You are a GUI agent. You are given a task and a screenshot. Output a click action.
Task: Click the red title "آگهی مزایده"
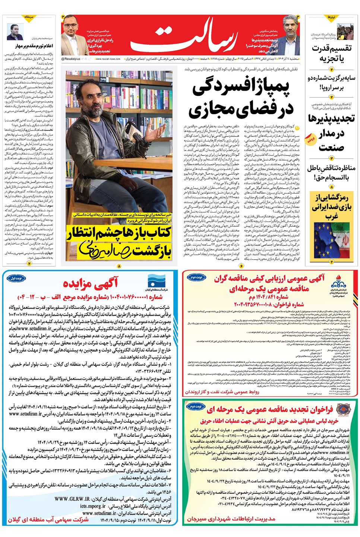90,283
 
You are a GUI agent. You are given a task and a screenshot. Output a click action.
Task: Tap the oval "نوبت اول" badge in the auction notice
16,278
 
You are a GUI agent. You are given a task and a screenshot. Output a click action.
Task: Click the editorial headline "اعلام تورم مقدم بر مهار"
34,46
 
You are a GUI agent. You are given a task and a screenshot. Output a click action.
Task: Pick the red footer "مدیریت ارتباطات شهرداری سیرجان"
231,519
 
